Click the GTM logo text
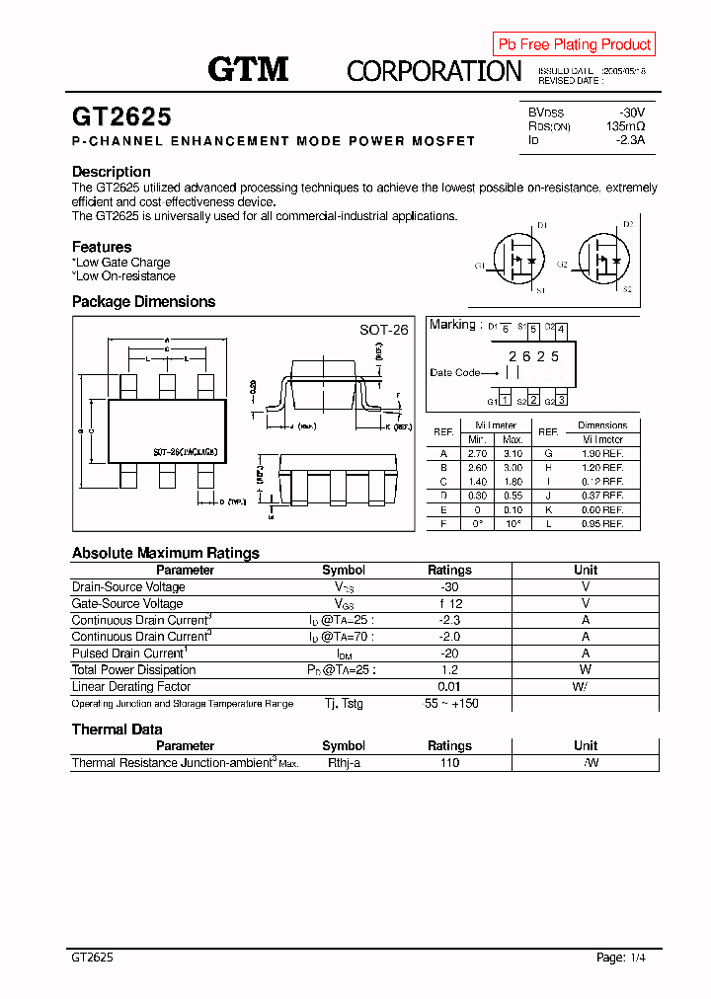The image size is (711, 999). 248,69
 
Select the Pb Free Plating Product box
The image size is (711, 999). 574,44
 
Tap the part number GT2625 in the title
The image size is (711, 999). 121,116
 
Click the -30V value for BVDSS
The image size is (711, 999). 631,113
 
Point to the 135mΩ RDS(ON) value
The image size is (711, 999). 625,126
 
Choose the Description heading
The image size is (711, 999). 112,172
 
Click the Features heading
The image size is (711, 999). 102,247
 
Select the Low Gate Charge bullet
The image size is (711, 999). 121,263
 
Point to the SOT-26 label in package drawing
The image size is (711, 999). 383,330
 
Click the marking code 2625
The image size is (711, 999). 533,356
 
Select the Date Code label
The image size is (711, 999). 455,372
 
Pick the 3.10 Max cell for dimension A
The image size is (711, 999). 513,453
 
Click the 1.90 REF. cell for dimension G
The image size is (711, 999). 602,453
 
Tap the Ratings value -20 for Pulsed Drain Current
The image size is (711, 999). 449,653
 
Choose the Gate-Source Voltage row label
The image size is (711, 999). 127,603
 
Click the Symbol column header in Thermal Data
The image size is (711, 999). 344,746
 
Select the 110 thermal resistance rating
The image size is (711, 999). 449,763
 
